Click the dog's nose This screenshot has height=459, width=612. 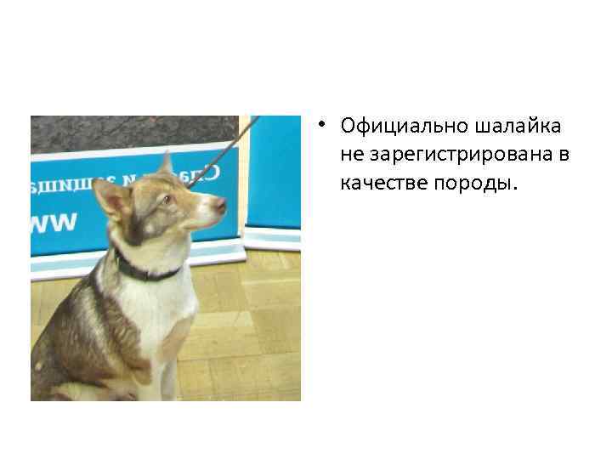[x=222, y=204]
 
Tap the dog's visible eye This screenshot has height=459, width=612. [x=167, y=200]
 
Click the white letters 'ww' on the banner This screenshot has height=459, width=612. [x=53, y=223]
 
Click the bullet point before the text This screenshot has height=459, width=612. [x=324, y=124]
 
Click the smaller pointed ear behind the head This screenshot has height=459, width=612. [x=166, y=164]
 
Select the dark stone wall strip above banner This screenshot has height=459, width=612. [x=127, y=132]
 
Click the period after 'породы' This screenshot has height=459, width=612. [x=513, y=189]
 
